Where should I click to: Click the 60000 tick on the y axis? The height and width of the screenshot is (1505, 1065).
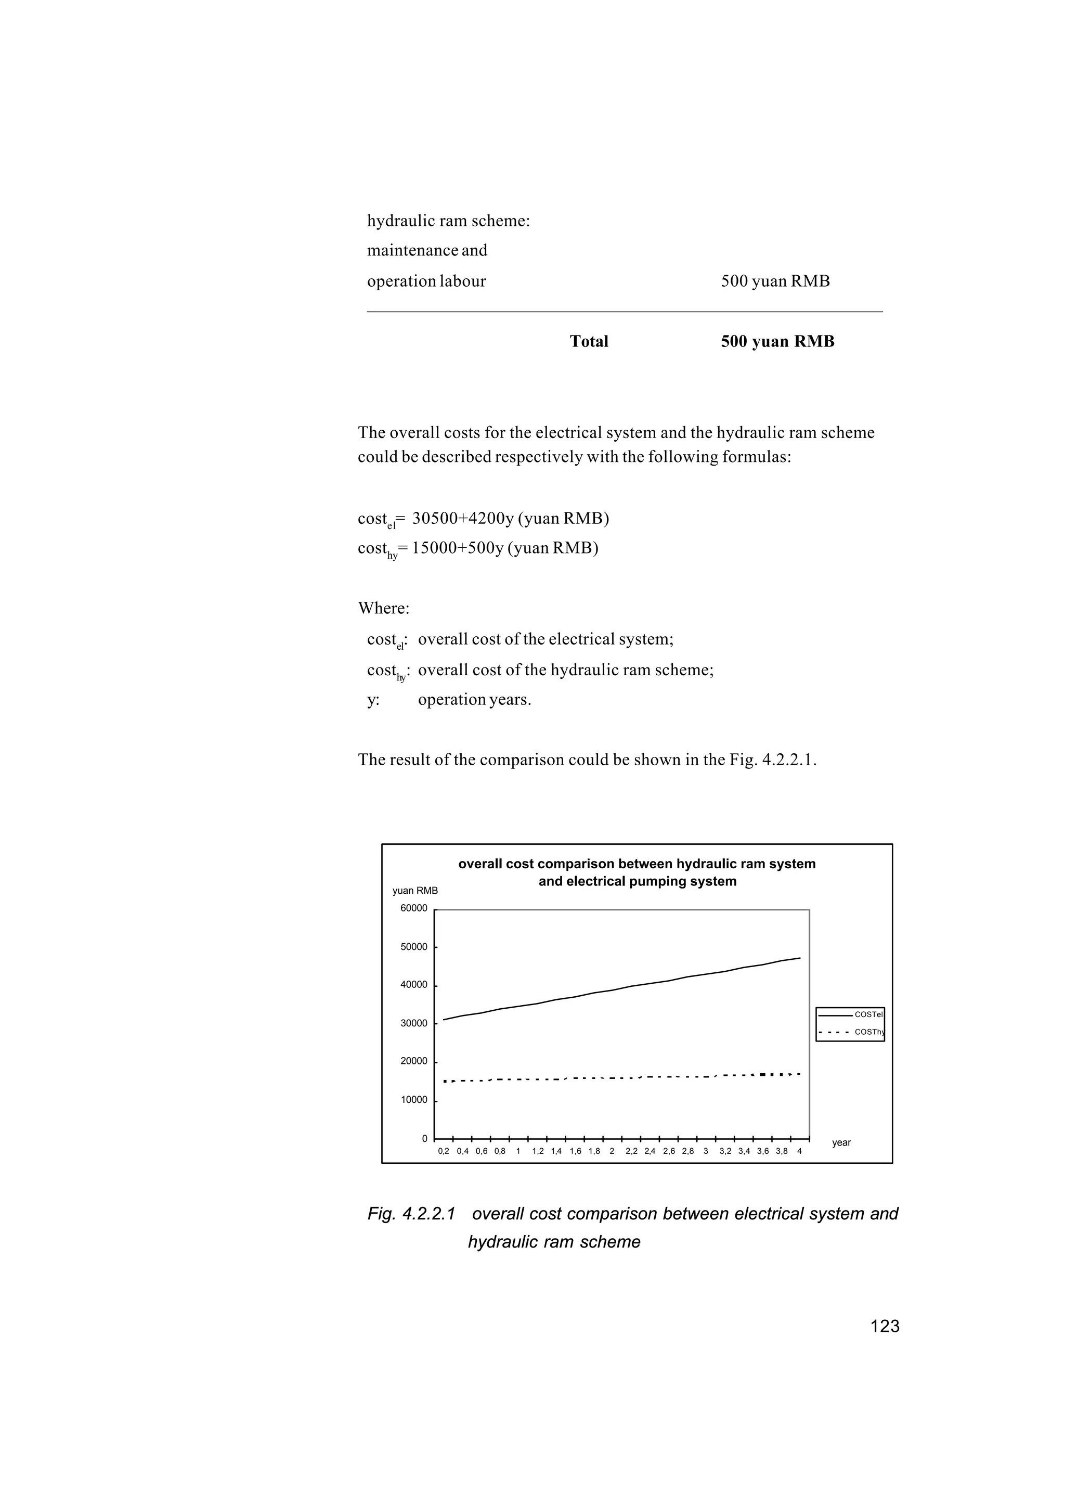(x=414, y=909)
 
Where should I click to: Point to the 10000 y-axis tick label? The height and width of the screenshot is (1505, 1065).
(x=414, y=1100)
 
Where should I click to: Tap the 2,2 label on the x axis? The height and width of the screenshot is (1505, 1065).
(x=631, y=1151)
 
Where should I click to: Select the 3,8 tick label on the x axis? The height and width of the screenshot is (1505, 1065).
(x=782, y=1151)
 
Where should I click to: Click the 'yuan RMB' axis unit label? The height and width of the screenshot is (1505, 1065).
(x=415, y=891)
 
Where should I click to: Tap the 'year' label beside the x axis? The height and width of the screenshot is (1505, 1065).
(x=841, y=1143)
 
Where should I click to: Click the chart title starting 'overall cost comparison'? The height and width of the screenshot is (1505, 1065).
(x=637, y=872)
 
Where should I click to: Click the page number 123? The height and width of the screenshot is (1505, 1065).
(x=885, y=1327)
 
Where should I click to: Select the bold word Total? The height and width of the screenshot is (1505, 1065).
(x=589, y=342)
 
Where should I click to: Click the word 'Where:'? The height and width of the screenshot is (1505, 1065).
(x=384, y=608)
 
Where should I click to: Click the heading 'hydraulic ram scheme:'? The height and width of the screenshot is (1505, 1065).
(x=449, y=221)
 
